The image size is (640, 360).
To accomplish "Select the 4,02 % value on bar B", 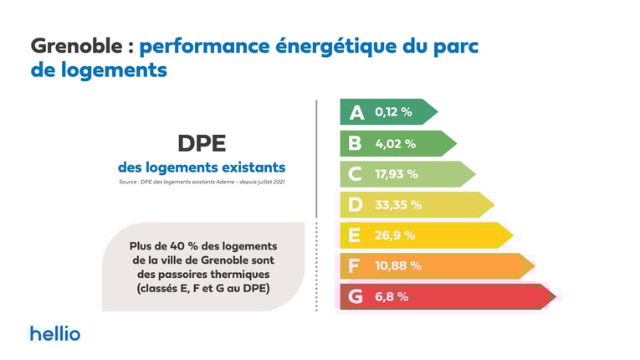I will [395, 143].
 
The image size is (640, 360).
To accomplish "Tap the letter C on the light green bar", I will [356, 174].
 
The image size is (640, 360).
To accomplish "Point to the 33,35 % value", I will [398, 204].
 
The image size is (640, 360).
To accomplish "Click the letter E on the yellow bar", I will [356, 235].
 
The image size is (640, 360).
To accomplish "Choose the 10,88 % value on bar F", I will [398, 266].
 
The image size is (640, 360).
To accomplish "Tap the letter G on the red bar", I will [356, 296].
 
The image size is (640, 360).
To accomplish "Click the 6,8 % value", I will [392, 296].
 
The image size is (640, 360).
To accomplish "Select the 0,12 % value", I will [394, 112].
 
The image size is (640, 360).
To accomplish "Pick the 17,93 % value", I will [396, 174].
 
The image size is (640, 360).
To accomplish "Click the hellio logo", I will [55, 332].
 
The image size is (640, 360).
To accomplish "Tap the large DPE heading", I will [202, 142].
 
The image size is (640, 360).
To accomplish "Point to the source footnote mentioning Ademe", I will [202, 181].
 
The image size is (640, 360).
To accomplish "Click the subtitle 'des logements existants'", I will [202, 166].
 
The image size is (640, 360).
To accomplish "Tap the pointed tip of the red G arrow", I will [555, 296].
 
